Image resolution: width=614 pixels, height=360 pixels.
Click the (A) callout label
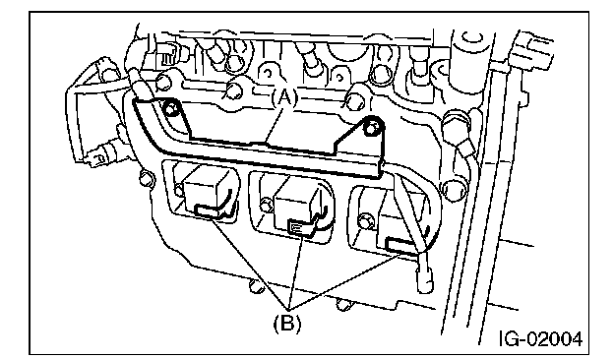click(x=284, y=97)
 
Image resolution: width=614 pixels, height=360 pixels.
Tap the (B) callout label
click(x=287, y=324)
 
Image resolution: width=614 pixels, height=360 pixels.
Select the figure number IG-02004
click(x=541, y=338)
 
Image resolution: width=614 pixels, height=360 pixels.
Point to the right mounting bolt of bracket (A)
click(x=373, y=127)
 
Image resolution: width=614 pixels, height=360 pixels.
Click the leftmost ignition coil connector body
click(x=207, y=192)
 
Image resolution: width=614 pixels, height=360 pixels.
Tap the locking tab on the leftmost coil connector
click(x=211, y=211)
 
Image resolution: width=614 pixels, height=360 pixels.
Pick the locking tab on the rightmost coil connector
click(x=400, y=246)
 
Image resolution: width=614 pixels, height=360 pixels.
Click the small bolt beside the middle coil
click(x=267, y=205)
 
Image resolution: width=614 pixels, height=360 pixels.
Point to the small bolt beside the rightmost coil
click(x=366, y=220)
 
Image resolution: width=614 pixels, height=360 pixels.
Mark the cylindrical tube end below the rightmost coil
click(x=425, y=277)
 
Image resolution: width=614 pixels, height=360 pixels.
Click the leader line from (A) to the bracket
click(x=276, y=124)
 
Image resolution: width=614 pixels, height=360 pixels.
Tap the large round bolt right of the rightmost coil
click(x=454, y=191)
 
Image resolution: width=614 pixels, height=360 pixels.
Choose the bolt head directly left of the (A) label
click(x=236, y=90)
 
